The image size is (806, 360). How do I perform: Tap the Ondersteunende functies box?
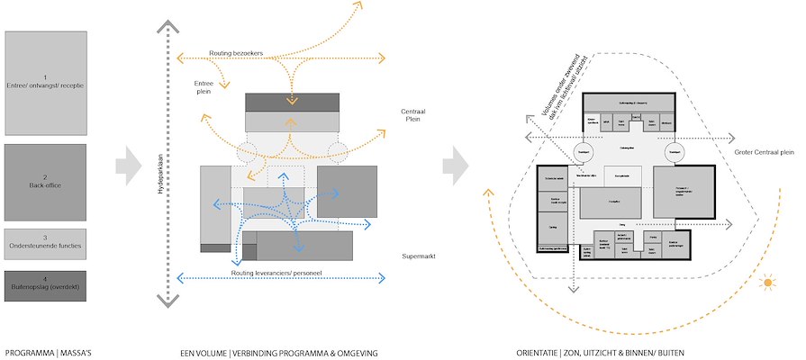[x=46, y=242]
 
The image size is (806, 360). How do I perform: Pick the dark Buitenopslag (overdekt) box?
[x=46, y=285]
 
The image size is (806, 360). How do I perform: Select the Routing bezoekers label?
[x=236, y=54]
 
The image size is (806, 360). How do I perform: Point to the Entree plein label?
[x=204, y=86]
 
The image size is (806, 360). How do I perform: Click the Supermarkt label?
[x=421, y=257]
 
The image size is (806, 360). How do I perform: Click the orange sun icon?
[x=768, y=283]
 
